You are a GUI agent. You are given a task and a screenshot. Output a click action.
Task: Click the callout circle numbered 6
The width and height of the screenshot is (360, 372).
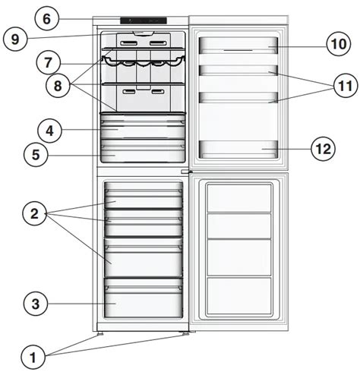(x=47, y=19)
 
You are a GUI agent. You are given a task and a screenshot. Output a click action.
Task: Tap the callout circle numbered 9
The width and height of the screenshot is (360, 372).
(x=15, y=39)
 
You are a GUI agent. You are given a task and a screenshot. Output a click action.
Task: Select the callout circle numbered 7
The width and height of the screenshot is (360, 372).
(x=48, y=62)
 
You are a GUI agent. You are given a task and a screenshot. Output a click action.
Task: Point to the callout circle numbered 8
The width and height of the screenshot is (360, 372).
(x=58, y=86)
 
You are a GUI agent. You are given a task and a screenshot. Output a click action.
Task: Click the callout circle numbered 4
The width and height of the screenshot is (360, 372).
(x=49, y=131)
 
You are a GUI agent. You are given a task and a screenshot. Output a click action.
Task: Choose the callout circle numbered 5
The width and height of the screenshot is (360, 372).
(x=36, y=154)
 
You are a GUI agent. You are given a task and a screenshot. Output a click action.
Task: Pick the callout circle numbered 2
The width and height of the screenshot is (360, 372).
(x=35, y=213)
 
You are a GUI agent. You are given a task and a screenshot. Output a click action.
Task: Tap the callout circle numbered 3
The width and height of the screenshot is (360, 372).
(x=36, y=304)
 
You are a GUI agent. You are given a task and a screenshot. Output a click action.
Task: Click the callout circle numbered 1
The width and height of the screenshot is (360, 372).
(x=33, y=358)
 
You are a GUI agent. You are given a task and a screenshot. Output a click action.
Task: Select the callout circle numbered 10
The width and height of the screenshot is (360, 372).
(x=339, y=44)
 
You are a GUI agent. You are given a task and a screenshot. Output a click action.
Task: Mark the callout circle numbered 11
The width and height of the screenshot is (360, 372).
(x=346, y=86)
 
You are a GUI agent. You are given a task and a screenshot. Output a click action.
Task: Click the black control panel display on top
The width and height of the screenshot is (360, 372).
(x=144, y=20)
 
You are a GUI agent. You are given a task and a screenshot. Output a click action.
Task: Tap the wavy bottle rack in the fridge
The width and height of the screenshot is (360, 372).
(x=144, y=61)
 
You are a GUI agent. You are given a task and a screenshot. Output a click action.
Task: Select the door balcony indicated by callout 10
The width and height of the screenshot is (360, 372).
(x=238, y=46)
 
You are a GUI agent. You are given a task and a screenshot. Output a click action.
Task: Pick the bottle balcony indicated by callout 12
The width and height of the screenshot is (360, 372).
(x=238, y=150)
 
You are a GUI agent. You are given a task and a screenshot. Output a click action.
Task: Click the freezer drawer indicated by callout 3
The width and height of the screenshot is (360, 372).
(x=144, y=298)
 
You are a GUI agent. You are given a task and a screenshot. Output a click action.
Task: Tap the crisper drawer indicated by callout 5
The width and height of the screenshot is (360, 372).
(x=143, y=150)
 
